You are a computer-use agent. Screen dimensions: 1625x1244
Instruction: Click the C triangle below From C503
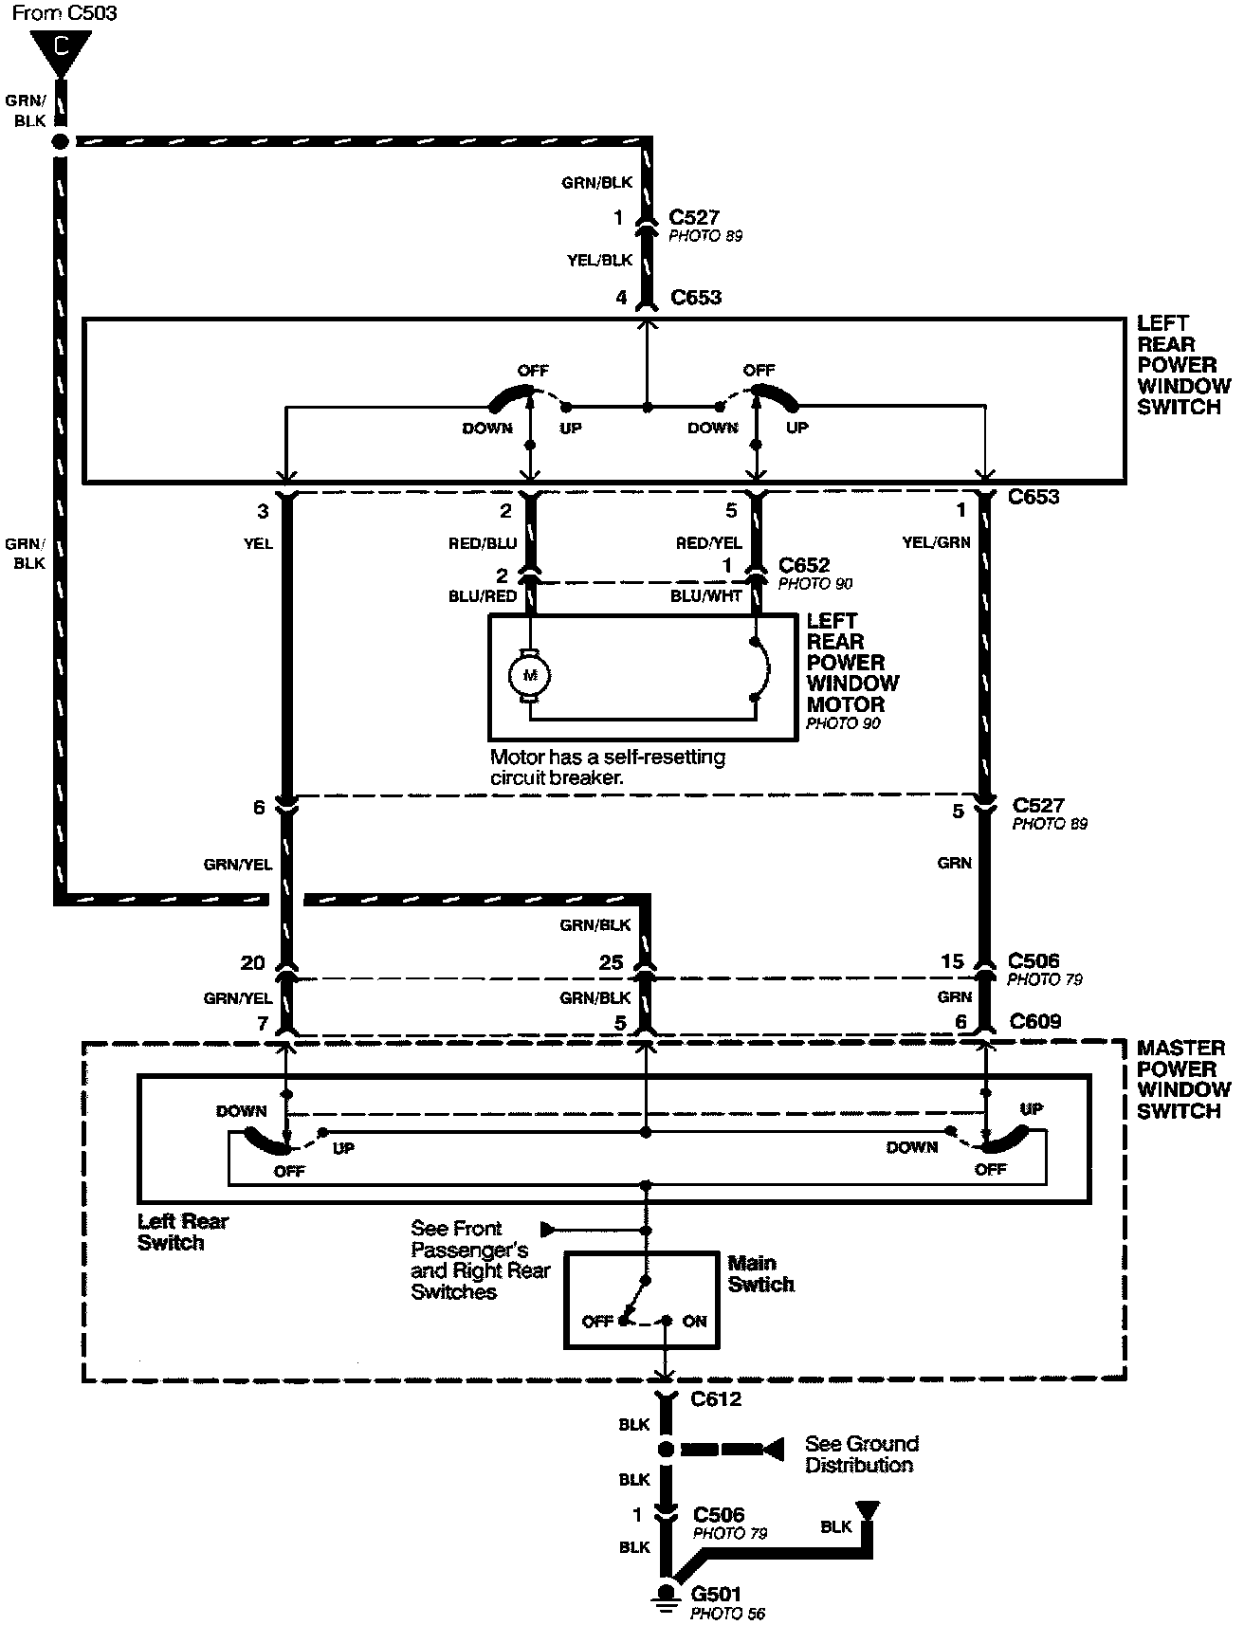pos(61,50)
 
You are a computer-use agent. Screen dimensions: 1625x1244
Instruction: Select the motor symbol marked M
pos(530,675)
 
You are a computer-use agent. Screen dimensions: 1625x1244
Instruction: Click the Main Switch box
pos(642,1300)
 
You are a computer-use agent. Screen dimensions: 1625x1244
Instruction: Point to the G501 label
pos(716,1594)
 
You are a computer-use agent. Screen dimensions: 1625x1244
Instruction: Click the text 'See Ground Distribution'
pos(861,1453)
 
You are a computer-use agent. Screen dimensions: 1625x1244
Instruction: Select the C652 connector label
pos(803,566)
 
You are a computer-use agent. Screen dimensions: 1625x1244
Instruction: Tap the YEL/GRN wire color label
pos(937,543)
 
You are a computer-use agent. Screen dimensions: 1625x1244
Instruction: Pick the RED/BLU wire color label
pos(483,543)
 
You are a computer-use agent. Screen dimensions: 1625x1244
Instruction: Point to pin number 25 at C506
pos(611,962)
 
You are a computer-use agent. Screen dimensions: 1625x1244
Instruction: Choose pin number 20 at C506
pos(252,962)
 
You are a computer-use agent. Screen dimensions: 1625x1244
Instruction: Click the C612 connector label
pos(716,1398)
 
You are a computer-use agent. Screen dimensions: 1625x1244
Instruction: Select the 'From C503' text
pos(64,13)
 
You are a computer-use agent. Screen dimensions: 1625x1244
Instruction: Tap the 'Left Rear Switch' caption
pos(183,1232)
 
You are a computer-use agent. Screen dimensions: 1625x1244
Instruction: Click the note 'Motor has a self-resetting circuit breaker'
pos(607,767)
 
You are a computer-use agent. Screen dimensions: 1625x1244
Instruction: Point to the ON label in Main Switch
pos(694,1321)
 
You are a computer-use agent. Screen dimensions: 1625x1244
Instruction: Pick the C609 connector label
pos(1034,1021)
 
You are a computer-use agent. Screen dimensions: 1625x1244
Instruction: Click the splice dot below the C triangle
pos(61,141)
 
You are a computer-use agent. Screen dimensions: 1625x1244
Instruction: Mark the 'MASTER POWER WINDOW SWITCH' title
pos(1183,1079)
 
